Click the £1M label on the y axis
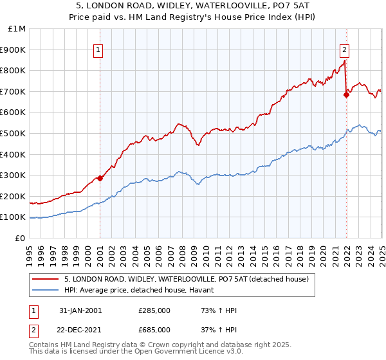click(x=17, y=29)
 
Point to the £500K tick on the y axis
click(x=15, y=133)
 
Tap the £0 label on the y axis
click(x=20, y=238)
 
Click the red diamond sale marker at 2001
click(x=100, y=179)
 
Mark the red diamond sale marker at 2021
click(x=346, y=94)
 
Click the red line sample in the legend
click(x=46, y=279)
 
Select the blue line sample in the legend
click(x=46, y=290)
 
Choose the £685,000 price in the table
click(x=154, y=330)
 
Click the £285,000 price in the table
click(x=154, y=311)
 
